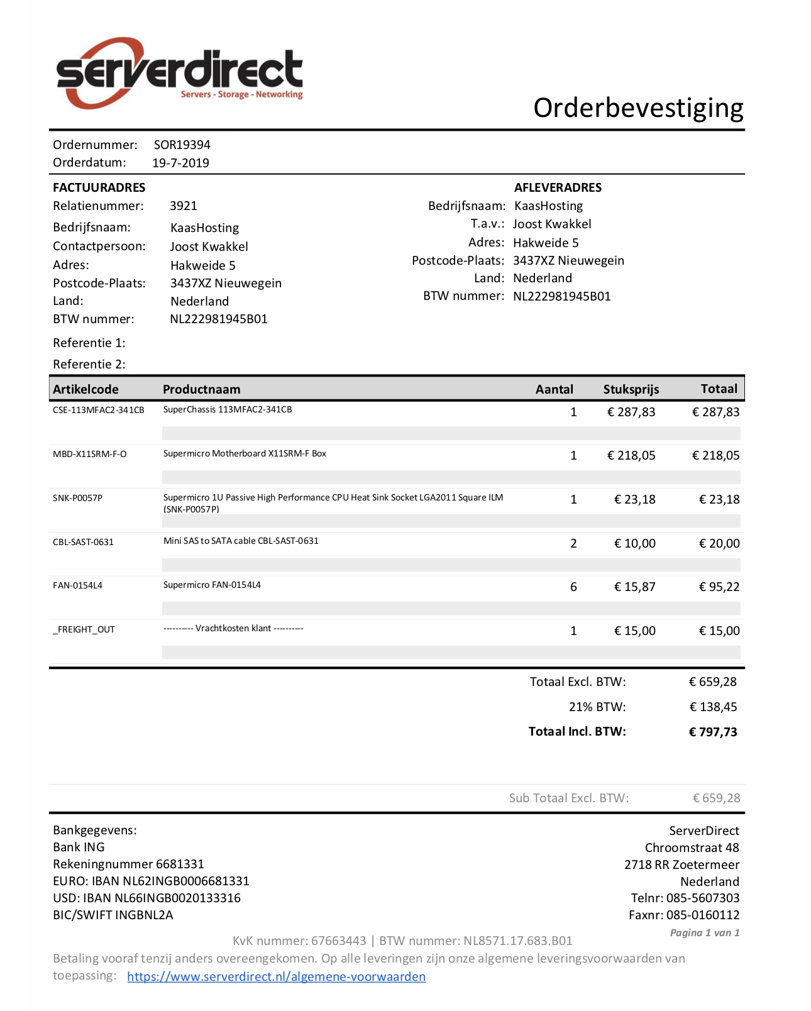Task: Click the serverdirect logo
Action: pyautogui.click(x=179, y=72)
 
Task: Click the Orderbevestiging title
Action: pyautogui.click(x=638, y=108)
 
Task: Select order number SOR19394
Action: pyautogui.click(x=182, y=145)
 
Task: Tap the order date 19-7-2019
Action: pyautogui.click(x=180, y=163)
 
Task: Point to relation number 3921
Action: pyautogui.click(x=183, y=206)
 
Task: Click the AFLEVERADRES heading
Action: pyautogui.click(x=558, y=187)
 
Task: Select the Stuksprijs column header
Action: pyautogui.click(x=631, y=389)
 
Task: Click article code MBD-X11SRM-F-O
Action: pyautogui.click(x=89, y=454)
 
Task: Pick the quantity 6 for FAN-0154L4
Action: pyautogui.click(x=573, y=587)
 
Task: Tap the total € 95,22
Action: pyautogui.click(x=719, y=587)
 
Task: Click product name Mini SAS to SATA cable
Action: pyautogui.click(x=241, y=541)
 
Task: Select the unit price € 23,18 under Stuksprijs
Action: pyautogui.click(x=634, y=499)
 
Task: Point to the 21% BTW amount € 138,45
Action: pyautogui.click(x=713, y=707)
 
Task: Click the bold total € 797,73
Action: pyautogui.click(x=713, y=732)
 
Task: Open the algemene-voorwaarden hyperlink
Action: pyautogui.click(x=276, y=976)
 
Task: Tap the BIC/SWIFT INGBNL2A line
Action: pyautogui.click(x=113, y=915)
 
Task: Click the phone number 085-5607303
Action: pyautogui.click(x=702, y=898)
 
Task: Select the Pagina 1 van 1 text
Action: pyautogui.click(x=704, y=932)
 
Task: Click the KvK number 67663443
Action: pyautogui.click(x=338, y=941)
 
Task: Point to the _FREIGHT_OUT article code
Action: pyautogui.click(x=84, y=629)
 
